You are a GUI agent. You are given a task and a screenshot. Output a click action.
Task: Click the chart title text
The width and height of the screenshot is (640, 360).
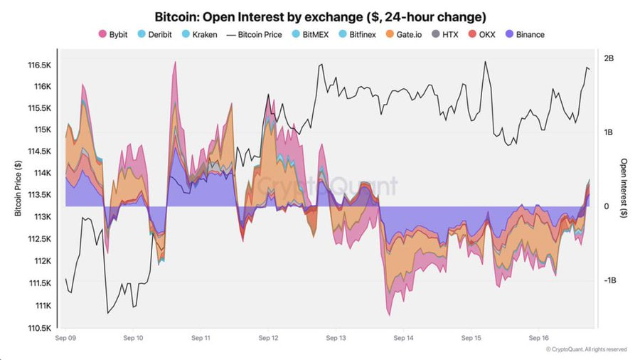320,16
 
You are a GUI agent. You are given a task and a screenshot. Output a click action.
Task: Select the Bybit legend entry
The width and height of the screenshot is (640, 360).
113,34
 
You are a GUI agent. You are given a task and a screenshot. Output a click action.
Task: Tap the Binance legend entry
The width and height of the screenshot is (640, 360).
528,34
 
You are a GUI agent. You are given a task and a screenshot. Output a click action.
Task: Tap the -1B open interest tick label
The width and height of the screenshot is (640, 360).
610,280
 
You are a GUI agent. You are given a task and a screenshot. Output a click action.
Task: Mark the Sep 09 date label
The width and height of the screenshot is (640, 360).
65,339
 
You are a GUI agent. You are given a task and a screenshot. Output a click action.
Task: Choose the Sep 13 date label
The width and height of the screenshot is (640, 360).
336,339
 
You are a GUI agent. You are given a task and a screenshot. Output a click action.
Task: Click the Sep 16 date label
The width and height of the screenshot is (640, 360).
539,339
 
